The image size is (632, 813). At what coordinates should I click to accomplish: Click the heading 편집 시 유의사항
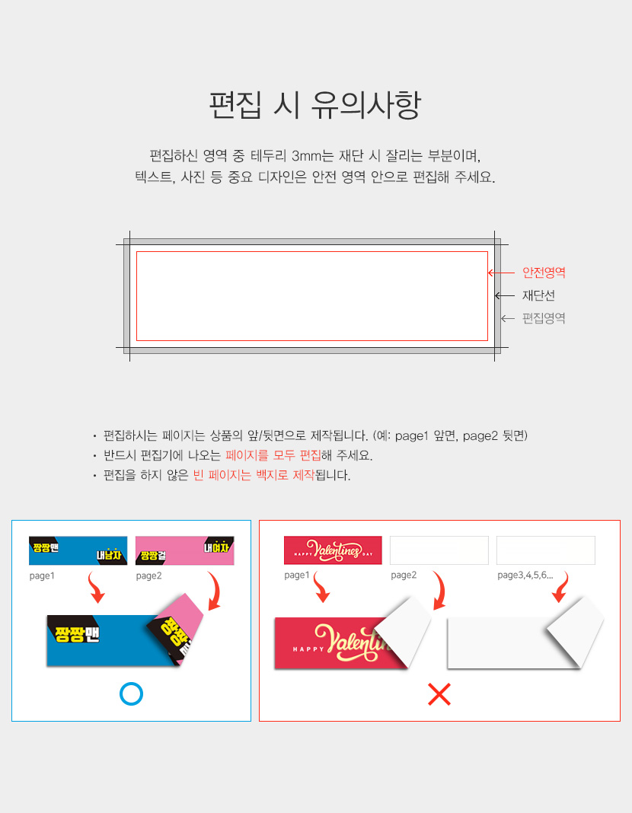tap(315, 105)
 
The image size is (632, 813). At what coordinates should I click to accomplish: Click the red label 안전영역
tap(544, 273)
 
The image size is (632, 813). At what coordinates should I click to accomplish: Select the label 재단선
tap(538, 295)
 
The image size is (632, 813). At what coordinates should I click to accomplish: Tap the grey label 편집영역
tap(544, 318)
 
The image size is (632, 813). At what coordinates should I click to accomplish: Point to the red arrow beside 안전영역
tap(501, 273)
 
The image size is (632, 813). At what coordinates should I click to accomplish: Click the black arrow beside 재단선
tap(505, 295)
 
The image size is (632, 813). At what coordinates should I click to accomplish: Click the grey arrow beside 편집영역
tap(508, 318)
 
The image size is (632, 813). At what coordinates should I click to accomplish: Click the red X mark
tap(439, 694)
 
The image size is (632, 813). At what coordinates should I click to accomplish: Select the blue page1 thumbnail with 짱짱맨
tap(78, 550)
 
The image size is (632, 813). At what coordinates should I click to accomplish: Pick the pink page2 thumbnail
tap(184, 550)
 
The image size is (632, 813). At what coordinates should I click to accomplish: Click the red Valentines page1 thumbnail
tap(333, 550)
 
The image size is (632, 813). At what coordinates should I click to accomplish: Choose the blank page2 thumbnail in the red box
tap(439, 550)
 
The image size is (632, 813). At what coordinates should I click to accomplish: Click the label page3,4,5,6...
tap(525, 575)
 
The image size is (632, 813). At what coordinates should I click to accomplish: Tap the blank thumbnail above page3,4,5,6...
tap(546, 550)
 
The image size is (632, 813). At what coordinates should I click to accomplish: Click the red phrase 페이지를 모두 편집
tap(273, 455)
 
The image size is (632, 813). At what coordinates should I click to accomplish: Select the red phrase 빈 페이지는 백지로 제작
tap(254, 475)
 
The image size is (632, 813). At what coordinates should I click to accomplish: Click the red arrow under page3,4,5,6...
tap(561, 588)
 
